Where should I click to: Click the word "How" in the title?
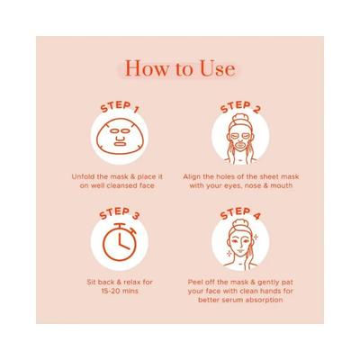pyautogui.click(x=143, y=67)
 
